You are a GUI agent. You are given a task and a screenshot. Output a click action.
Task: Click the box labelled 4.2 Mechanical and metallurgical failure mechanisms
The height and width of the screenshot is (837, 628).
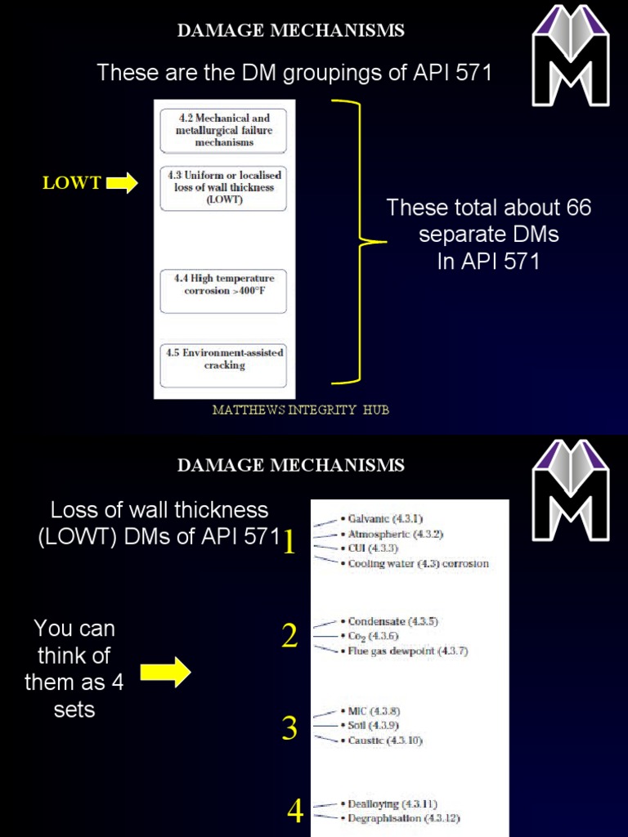(224, 130)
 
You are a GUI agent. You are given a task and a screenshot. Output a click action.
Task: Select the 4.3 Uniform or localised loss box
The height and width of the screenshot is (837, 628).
(224, 187)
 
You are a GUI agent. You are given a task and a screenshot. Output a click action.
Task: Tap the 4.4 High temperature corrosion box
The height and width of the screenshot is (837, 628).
(224, 290)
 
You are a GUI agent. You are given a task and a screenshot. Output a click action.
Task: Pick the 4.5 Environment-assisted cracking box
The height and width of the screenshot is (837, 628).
(224, 365)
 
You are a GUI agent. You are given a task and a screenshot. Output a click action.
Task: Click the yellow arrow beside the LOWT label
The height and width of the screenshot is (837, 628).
(122, 183)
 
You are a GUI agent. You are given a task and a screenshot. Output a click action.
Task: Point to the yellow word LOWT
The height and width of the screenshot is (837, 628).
(72, 183)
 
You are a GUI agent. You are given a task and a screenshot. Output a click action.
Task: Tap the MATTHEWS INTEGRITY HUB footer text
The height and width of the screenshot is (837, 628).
(300, 410)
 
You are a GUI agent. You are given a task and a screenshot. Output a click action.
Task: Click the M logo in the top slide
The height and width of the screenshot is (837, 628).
(570, 56)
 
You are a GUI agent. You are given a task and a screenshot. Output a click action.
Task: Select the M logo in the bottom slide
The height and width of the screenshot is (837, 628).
(570, 490)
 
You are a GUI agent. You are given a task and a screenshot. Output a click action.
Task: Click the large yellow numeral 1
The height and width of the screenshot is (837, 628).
(289, 541)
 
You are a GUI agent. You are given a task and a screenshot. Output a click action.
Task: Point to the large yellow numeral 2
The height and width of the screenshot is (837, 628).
(289, 636)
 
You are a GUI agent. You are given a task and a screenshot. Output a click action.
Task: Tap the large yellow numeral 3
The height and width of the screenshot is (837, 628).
(289, 727)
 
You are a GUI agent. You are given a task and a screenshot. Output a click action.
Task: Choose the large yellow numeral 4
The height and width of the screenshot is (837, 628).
(295, 811)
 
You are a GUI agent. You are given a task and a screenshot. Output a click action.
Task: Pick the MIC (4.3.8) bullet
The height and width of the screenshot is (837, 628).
(374, 711)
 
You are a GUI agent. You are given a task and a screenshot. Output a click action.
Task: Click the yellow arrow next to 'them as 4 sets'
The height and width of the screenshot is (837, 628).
(166, 673)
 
